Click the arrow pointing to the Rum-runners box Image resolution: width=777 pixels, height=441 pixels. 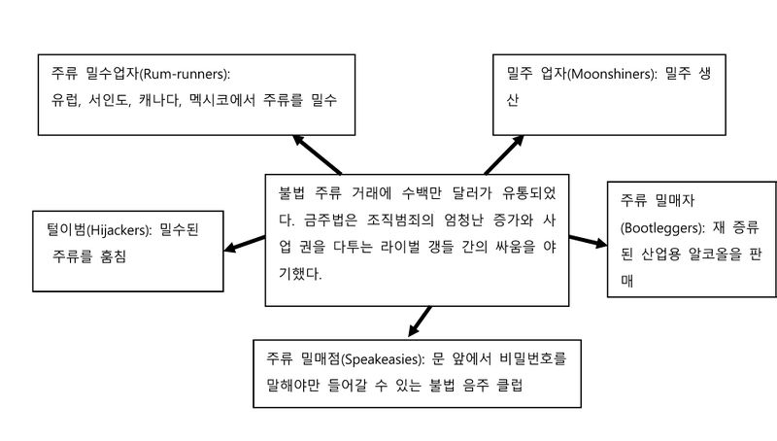pyautogui.click(x=315, y=153)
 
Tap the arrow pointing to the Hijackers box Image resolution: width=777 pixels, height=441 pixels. pyautogui.click(x=245, y=242)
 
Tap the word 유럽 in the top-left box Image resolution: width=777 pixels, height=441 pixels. pyautogui.click(x=64, y=99)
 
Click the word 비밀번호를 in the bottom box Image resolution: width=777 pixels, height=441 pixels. pyautogui.click(x=528, y=357)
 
